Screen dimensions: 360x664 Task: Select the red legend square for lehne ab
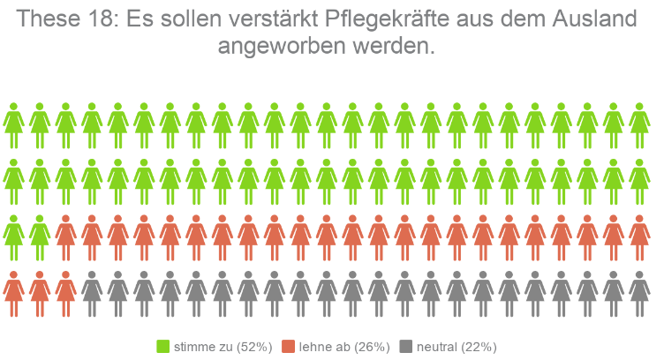pyautogui.click(x=287, y=346)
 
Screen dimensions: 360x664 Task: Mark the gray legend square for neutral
pyautogui.click(x=406, y=346)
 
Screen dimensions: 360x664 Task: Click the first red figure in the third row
pyautogui.click(x=65, y=236)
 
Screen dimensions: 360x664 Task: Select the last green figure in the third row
pyautogui.click(x=40, y=236)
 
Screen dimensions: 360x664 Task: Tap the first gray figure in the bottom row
pyautogui.click(x=92, y=292)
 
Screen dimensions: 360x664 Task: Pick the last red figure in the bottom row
pyautogui.click(x=65, y=292)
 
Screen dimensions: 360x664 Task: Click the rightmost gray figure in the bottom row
pyautogui.click(x=639, y=292)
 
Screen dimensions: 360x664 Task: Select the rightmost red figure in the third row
pyautogui.click(x=639, y=236)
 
